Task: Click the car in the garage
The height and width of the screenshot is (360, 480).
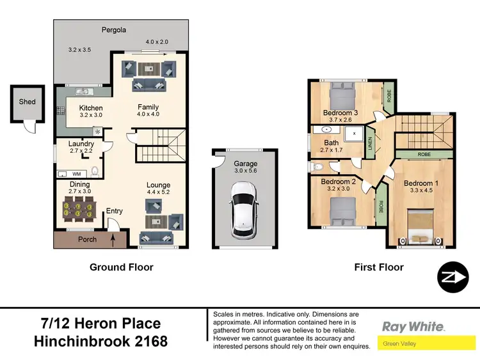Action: (x=245, y=205)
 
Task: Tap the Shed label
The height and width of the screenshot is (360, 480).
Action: (x=27, y=102)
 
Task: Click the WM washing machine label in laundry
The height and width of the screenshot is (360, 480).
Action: (x=76, y=174)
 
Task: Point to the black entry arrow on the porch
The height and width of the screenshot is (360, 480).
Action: (x=115, y=240)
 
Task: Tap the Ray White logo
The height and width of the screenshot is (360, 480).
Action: (x=413, y=327)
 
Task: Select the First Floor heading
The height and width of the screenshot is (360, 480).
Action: (x=379, y=267)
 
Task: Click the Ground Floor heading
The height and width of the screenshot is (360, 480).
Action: (x=121, y=267)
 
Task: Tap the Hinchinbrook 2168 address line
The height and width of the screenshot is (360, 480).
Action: (x=100, y=341)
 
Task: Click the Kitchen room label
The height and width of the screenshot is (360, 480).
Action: (x=90, y=108)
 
